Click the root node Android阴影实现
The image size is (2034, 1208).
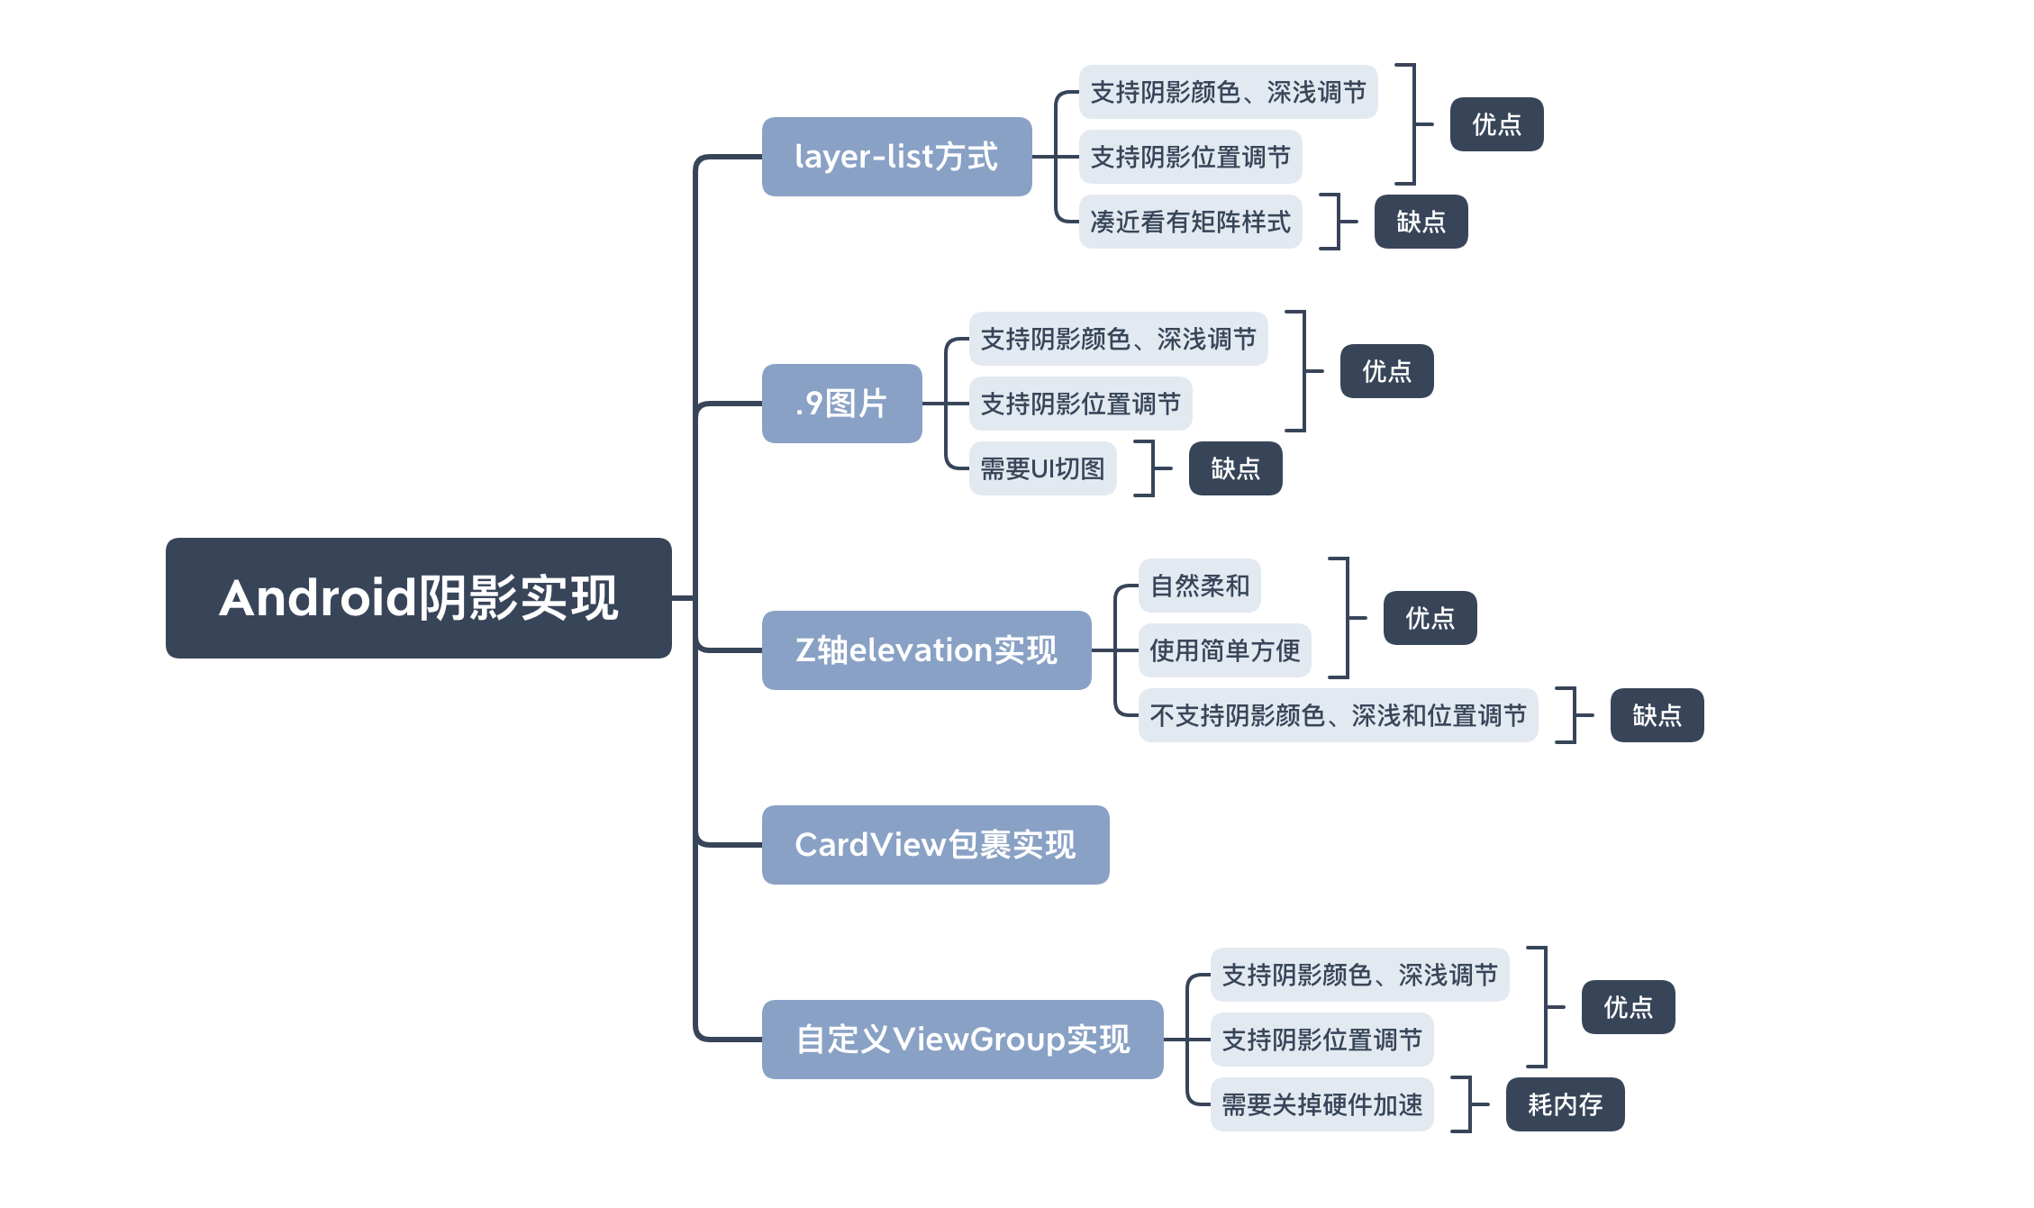click(x=418, y=598)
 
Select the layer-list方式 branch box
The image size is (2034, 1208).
click(x=896, y=157)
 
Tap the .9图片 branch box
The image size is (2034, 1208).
click(x=841, y=404)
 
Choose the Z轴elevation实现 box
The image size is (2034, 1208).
click(x=926, y=650)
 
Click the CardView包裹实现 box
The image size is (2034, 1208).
click(x=935, y=845)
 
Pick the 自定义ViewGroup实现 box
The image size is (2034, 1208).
click(x=962, y=1040)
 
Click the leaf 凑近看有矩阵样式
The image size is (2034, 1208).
click(x=1190, y=222)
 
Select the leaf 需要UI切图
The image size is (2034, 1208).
click(x=1042, y=468)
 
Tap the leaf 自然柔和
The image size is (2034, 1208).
click(x=1199, y=586)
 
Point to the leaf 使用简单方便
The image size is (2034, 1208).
click(x=1224, y=650)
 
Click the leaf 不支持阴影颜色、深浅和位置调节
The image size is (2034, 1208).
click(x=1338, y=715)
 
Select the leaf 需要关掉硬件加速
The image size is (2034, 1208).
click(x=1321, y=1104)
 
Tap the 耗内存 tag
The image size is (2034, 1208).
click(x=1565, y=1104)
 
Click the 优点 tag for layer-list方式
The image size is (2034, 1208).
click(x=1496, y=124)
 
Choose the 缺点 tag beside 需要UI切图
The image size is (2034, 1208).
click(x=1235, y=468)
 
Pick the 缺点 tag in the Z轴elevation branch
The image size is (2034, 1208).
click(x=1657, y=715)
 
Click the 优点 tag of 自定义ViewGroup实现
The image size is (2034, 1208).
click(x=1628, y=1007)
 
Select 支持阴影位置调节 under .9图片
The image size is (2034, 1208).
click(x=1080, y=404)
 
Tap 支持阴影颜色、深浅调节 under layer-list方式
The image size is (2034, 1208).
click(x=1228, y=92)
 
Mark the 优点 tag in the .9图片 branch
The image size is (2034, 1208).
click(x=1386, y=371)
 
